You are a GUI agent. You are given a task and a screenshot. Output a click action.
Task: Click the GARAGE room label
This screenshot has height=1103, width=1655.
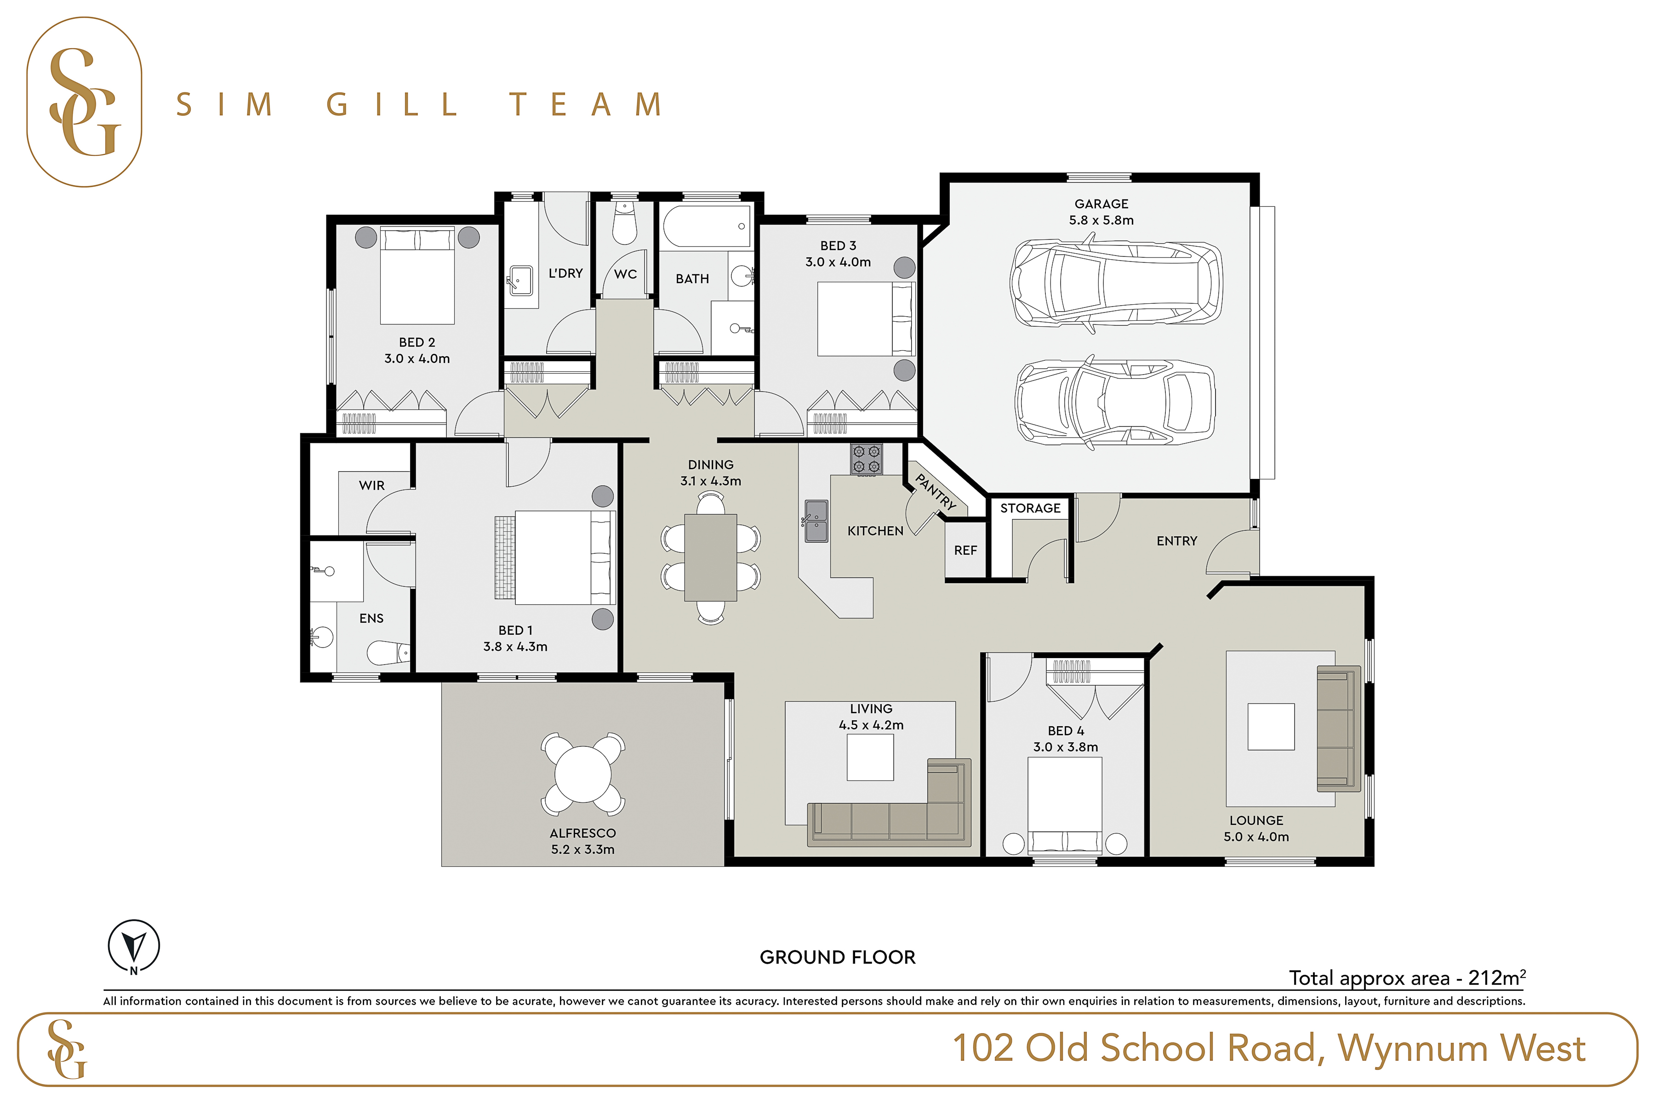1101,204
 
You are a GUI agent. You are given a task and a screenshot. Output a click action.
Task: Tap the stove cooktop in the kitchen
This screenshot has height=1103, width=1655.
866,459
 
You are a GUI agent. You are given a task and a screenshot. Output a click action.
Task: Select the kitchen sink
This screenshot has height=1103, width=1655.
816,521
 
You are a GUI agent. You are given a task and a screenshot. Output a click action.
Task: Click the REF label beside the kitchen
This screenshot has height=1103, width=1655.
965,550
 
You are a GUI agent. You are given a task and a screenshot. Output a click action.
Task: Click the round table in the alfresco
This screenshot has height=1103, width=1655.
582,774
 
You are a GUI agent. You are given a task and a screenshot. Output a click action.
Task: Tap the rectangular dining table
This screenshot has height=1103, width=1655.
711,557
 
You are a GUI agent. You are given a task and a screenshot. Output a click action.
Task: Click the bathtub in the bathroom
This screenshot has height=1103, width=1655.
707,225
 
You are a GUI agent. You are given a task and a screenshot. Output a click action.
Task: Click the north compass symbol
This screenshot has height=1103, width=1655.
134,946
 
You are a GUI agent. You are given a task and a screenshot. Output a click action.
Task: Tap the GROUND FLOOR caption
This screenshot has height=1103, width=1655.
837,957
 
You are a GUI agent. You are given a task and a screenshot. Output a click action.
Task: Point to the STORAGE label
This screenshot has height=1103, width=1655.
1030,508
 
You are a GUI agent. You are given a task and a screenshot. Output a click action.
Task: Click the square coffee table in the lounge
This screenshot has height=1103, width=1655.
1271,727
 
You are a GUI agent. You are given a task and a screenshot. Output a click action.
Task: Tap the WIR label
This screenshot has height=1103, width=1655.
371,485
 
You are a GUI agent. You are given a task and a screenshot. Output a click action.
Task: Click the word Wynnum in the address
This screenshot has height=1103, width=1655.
1411,1048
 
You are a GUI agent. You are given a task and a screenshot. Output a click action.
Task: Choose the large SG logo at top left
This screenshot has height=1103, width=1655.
85,102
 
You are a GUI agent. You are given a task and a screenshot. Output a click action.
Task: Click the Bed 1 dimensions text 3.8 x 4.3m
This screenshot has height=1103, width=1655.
515,647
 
